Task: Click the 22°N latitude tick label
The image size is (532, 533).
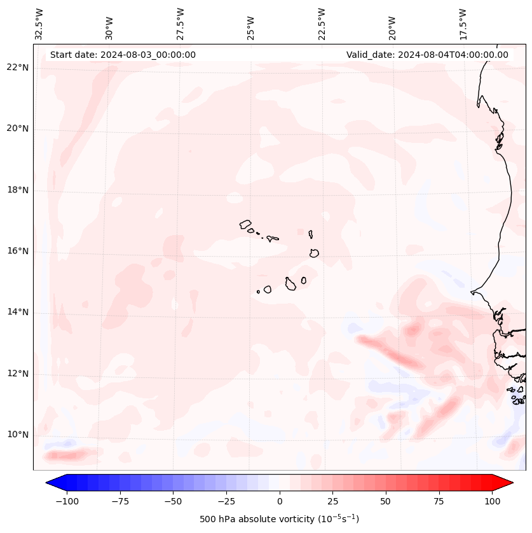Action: click(x=18, y=68)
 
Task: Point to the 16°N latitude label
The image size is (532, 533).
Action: click(x=18, y=252)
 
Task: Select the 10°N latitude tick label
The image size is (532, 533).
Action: click(x=18, y=435)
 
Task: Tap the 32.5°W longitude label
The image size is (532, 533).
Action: click(x=39, y=24)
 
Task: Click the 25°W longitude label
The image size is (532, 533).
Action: click(x=251, y=24)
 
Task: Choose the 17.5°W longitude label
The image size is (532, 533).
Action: click(x=463, y=24)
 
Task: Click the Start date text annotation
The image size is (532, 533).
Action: click(x=123, y=55)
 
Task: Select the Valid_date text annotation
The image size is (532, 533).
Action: click(x=427, y=55)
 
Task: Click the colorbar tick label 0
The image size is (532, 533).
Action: click(x=280, y=501)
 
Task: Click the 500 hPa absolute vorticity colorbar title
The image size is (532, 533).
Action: click(x=279, y=519)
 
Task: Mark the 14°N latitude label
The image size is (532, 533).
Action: click(x=18, y=313)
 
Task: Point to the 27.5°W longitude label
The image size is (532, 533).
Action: click(x=181, y=24)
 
